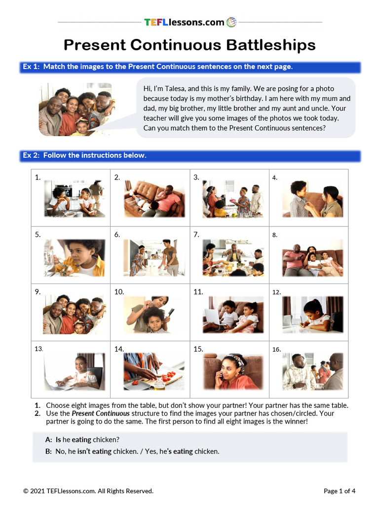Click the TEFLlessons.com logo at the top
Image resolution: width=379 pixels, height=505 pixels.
pyautogui.click(x=190, y=22)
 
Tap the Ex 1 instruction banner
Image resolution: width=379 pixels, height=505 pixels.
pyautogui.click(x=190, y=67)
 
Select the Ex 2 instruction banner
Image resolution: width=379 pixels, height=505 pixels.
pyautogui.click(x=190, y=155)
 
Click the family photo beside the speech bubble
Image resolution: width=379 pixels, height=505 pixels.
pyautogui.click(x=76, y=109)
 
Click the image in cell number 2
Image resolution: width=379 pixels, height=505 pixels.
pyautogui.click(x=154, y=199)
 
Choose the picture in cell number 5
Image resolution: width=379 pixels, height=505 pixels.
pyautogui.click(x=75, y=258)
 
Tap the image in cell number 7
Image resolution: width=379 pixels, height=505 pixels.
pyautogui.click(x=233, y=258)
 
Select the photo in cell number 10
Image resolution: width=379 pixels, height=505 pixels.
pyautogui.click(x=148, y=314)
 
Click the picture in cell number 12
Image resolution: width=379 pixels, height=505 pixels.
pyautogui.click(x=312, y=314)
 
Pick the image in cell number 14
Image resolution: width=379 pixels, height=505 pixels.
pyautogui.click(x=154, y=371)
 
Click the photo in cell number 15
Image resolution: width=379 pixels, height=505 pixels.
pyautogui.click(x=233, y=371)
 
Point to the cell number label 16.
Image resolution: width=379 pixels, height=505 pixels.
pyautogui.click(x=276, y=350)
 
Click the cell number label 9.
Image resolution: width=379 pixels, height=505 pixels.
pyautogui.click(x=38, y=292)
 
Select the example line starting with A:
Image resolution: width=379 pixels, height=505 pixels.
pyautogui.click(x=82, y=439)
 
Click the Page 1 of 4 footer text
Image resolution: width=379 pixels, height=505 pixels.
pyautogui.click(x=340, y=491)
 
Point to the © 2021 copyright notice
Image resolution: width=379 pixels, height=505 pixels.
pyautogui.click(x=88, y=491)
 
